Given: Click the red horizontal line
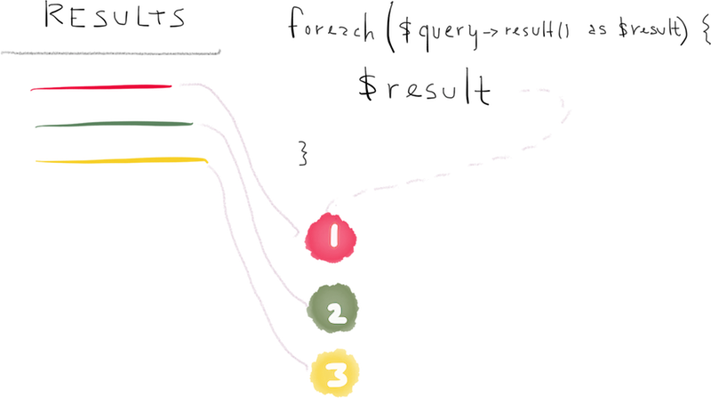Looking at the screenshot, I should [102, 87].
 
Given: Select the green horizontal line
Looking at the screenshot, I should [114, 125].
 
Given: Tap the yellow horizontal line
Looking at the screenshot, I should [120, 160].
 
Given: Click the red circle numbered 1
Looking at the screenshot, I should [331, 236].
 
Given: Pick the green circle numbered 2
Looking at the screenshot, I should [332, 309].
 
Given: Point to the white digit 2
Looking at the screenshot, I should [334, 312].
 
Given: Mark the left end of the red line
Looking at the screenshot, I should [31, 89].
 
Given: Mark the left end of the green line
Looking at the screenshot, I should [36, 126].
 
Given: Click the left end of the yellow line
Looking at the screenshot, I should [37, 161].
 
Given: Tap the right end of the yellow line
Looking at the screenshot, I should [205, 159].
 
